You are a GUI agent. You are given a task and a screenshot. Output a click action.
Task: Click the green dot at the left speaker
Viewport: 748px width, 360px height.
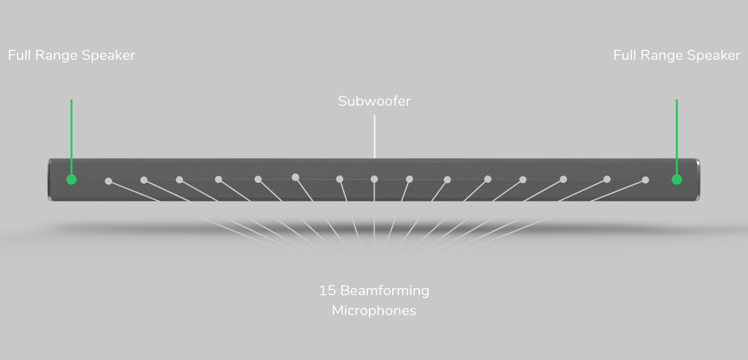[x=71, y=179]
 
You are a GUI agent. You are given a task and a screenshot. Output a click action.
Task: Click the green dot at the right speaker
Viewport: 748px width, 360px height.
[x=677, y=179]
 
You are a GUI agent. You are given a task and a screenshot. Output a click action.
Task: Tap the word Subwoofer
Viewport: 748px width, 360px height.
[x=375, y=101]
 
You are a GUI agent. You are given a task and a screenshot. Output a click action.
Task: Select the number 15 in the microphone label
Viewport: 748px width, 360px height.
[x=327, y=291]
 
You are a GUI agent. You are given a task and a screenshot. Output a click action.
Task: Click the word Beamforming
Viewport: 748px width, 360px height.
[x=385, y=291]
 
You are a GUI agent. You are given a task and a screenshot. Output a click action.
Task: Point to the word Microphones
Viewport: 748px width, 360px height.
[x=374, y=311]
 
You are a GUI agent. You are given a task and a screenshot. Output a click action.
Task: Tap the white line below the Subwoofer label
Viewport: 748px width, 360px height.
[x=375, y=137]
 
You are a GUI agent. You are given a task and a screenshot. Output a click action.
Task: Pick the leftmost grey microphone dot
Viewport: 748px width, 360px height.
[x=108, y=181]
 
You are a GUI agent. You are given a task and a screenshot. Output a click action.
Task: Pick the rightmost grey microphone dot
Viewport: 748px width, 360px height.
[x=645, y=180]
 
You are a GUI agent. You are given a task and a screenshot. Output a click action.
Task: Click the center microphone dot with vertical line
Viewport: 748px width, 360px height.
[x=374, y=179]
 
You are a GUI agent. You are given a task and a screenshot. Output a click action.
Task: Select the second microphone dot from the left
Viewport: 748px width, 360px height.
[x=144, y=180]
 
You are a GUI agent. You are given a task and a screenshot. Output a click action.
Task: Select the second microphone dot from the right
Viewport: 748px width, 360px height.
[x=607, y=179]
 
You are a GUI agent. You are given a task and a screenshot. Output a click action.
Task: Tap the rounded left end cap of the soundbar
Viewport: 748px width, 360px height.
[x=50, y=180]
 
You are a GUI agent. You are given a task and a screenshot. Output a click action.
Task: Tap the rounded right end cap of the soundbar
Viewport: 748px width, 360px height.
[x=697, y=180]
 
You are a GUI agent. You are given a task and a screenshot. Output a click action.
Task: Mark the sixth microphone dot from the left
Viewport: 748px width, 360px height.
[x=295, y=177]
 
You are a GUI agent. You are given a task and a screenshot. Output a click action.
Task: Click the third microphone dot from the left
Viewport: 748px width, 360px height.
[x=180, y=180]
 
